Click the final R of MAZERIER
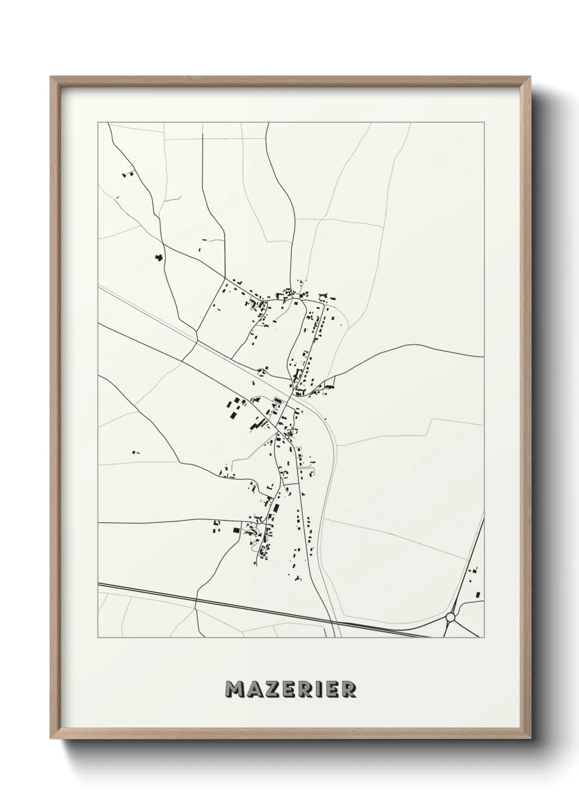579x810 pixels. [x=348, y=690]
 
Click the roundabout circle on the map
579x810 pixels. [x=450, y=617]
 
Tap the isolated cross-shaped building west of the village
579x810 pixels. [x=159, y=257]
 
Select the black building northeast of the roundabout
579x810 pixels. [x=478, y=594]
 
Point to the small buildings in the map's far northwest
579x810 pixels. [x=129, y=173]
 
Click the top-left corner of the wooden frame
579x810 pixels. [x=51, y=77]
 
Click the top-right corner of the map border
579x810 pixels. [x=484, y=123]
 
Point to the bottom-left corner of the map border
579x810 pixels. [x=98, y=638]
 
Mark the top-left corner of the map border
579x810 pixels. [x=98, y=123]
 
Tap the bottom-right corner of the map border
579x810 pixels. [x=484, y=638]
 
